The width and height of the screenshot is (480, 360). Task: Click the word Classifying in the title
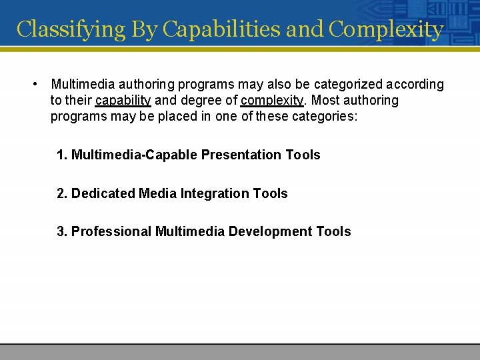(71, 29)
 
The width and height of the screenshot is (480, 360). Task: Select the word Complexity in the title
(386, 29)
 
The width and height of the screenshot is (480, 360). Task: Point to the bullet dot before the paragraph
(34, 84)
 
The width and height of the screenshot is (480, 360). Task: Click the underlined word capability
(123, 101)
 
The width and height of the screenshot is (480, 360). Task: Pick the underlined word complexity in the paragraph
(272, 101)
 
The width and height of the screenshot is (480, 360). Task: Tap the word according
(415, 85)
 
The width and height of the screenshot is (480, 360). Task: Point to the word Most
(323, 101)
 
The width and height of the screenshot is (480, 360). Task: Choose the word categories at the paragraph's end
(323, 117)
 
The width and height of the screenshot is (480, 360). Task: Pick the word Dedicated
(103, 194)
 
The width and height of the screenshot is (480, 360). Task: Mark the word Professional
(111, 232)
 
